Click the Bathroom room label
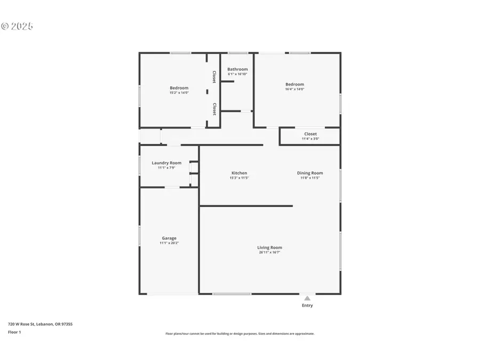[x=237, y=69]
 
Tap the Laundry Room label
[x=166, y=163]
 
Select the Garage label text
[x=169, y=238]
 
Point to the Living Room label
[x=269, y=247]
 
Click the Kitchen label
[x=239, y=173]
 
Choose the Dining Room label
[x=310, y=173]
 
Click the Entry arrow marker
[x=307, y=298]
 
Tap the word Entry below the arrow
[x=307, y=306]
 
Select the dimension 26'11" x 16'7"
[x=269, y=252]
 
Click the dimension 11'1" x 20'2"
[x=169, y=243]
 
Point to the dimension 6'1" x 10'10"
[x=237, y=74]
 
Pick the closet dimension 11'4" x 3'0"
[x=310, y=139]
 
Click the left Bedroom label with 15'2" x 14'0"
[x=179, y=88]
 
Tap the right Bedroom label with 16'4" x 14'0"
[x=294, y=84]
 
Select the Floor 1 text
[x=14, y=332]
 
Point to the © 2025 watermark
[x=17, y=26]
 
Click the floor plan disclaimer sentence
[x=240, y=334]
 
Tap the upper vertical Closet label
[x=214, y=77]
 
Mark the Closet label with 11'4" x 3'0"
[x=310, y=134]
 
